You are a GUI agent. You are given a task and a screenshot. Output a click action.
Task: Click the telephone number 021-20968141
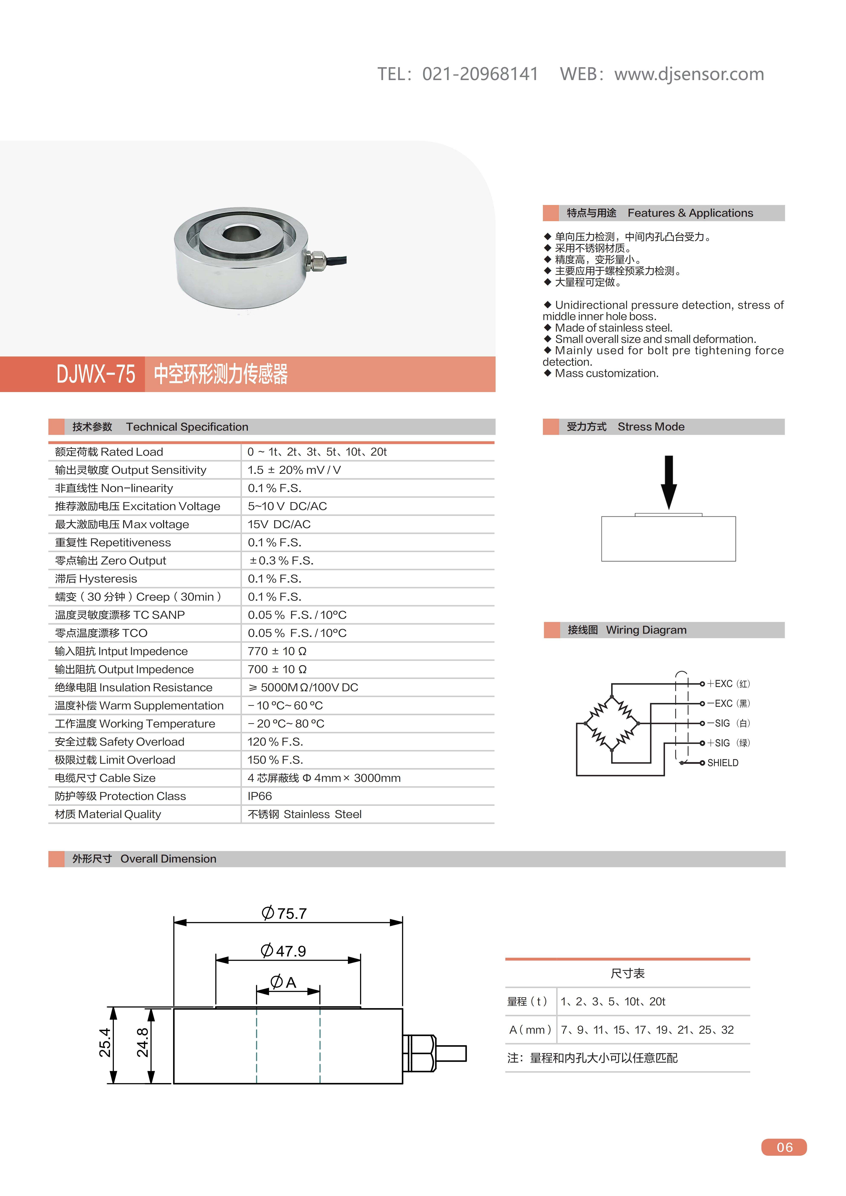tap(480, 74)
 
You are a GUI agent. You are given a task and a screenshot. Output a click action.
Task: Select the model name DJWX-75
tap(96, 374)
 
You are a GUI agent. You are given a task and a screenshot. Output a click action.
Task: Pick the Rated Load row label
tap(109, 452)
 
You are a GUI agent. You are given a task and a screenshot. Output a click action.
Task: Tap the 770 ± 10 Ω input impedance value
tap(277, 651)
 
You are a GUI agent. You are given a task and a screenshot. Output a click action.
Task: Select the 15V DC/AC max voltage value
tap(279, 524)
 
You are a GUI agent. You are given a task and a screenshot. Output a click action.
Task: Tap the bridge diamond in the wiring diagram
tap(612, 724)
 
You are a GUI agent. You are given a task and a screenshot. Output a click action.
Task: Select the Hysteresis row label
tap(96, 579)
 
